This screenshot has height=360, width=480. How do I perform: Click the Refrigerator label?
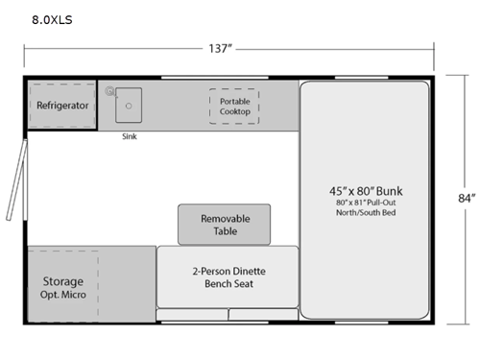pyautogui.click(x=62, y=106)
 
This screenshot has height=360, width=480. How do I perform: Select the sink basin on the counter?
pyautogui.click(x=130, y=104)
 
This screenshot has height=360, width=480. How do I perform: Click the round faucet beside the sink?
pyautogui.click(x=110, y=92)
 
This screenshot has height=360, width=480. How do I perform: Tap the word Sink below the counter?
pyautogui.click(x=130, y=136)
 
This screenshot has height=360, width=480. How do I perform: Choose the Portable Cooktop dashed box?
pyautogui.click(x=234, y=106)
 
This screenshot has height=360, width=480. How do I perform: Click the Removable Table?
pyautogui.click(x=224, y=225)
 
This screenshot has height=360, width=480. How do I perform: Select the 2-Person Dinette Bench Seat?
pyautogui.click(x=228, y=277)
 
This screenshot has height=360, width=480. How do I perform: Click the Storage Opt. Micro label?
pyautogui.click(x=62, y=288)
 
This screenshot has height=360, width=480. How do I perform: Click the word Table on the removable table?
pyautogui.click(x=224, y=231)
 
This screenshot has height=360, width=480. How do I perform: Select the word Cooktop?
pyautogui.click(x=234, y=111)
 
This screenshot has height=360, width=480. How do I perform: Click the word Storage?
pyautogui.click(x=62, y=281)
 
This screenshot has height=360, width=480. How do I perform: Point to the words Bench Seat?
pyautogui.click(x=228, y=284)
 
